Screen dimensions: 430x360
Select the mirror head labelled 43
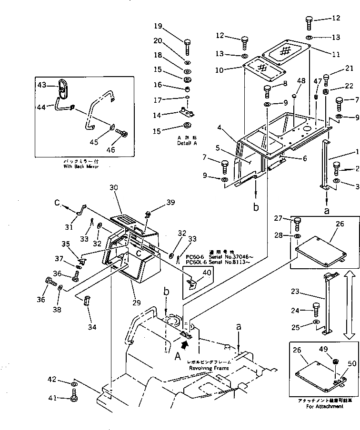[62, 88]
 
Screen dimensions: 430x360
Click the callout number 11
[336, 54]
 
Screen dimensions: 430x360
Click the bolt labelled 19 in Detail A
[187, 46]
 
